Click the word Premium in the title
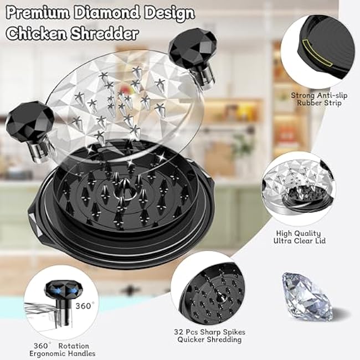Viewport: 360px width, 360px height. tap(38, 13)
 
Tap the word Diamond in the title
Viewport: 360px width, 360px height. tap(107, 13)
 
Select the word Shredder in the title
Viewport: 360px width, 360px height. tap(105, 33)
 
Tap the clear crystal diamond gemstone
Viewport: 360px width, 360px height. tap(307, 296)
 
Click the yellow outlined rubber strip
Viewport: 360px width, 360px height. tap(317, 53)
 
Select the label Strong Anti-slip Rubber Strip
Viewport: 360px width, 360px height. tap(319, 99)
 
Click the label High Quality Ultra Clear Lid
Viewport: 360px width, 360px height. tap(300, 237)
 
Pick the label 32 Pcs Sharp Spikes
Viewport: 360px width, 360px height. tap(209, 332)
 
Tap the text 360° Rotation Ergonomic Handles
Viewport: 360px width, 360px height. tap(62, 349)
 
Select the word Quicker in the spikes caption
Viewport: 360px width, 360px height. tap(192, 340)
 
